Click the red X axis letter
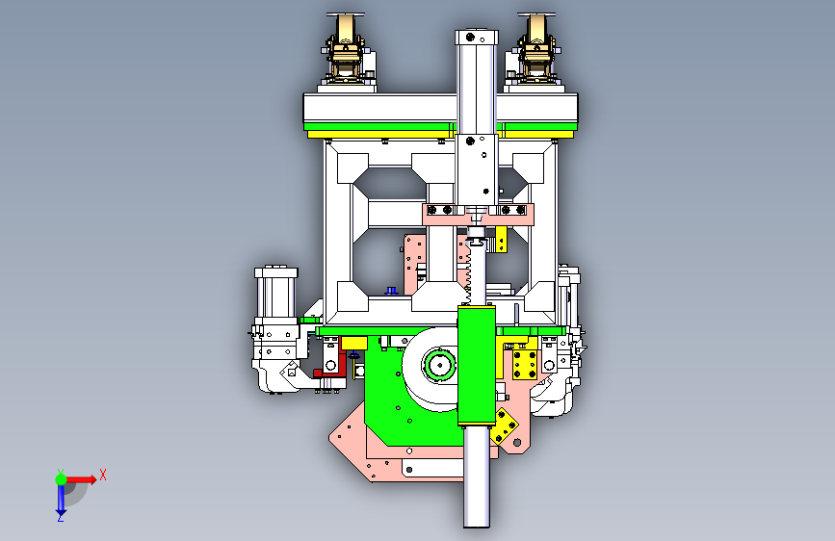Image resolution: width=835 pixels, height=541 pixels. click(103, 475)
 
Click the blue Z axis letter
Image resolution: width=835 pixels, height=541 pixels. click(60, 517)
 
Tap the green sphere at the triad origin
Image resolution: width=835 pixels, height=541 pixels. click(61, 479)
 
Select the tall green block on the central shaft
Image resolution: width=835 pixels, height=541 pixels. click(477, 366)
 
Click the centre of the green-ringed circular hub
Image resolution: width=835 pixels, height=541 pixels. click(440, 365)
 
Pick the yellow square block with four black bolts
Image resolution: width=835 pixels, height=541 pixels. click(525, 365)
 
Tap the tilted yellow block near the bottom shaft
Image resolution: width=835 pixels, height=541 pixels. click(503, 425)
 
